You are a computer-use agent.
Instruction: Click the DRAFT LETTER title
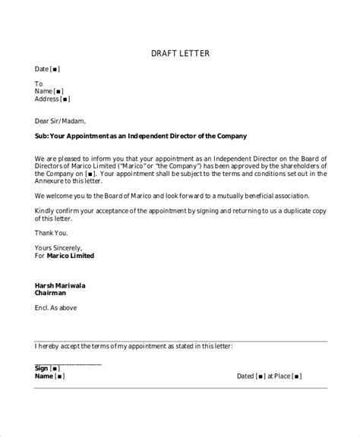click(179, 53)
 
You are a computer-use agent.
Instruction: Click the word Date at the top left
click(42, 69)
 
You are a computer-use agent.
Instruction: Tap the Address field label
click(47, 99)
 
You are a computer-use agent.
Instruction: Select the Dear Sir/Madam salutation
click(61, 120)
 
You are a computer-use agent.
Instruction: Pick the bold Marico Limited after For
click(71, 256)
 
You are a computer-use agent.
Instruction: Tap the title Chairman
click(51, 293)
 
